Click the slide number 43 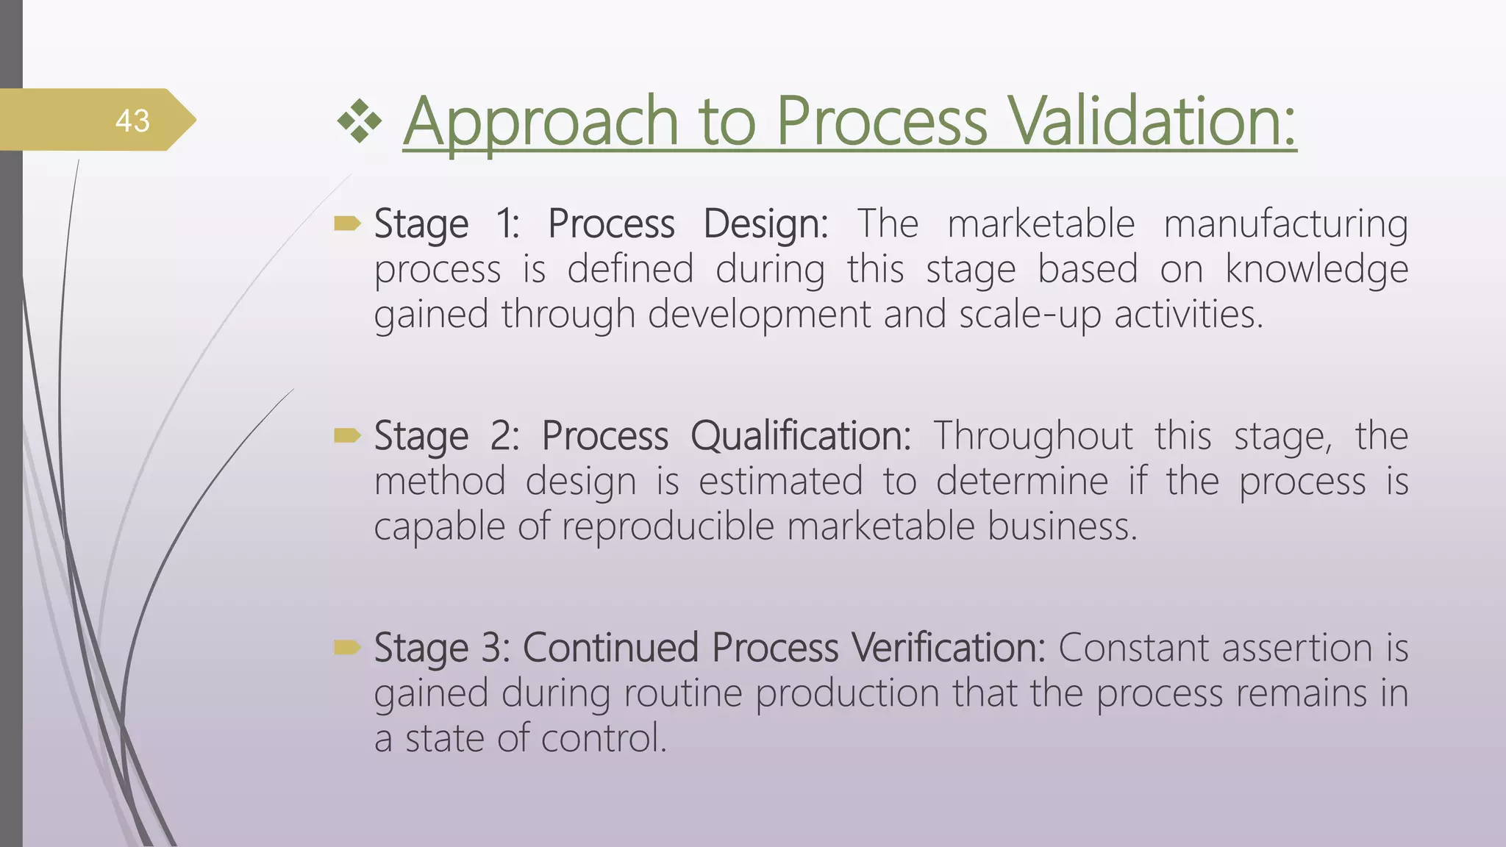132,121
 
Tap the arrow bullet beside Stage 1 347,224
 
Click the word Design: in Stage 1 766,224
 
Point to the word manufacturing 1285,224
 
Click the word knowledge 1316,269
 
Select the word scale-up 1029,315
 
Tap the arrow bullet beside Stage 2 347,436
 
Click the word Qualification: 801,436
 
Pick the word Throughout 1033,436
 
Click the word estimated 780,482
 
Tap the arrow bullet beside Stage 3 347,647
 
